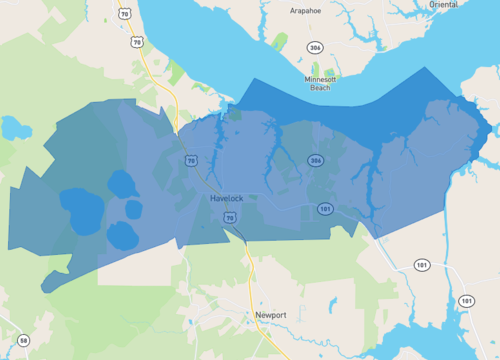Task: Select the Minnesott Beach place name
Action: click(320, 82)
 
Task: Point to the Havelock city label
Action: click(227, 198)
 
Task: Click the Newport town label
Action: click(270, 315)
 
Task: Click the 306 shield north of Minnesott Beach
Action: click(314, 47)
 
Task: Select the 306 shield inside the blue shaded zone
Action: click(316, 160)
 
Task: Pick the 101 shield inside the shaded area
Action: click(325, 208)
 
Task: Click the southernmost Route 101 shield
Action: click(466, 300)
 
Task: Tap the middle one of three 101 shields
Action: click(421, 266)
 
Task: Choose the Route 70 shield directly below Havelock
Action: click(229, 216)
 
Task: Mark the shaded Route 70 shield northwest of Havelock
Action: click(190, 160)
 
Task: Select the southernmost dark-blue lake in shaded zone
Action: click(122, 235)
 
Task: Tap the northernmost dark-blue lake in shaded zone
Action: click(121, 183)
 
